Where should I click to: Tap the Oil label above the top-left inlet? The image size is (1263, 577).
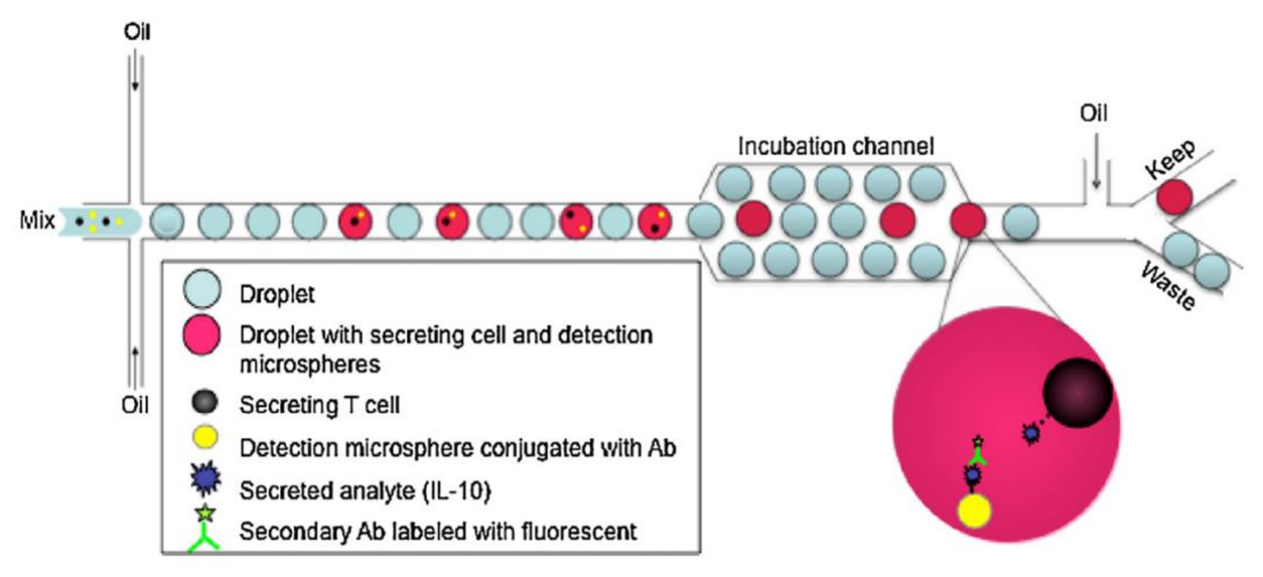point(137,32)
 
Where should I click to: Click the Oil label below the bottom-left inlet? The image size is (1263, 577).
point(135,406)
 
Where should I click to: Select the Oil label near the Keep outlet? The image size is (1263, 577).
point(1093,113)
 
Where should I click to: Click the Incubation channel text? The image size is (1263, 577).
point(836,146)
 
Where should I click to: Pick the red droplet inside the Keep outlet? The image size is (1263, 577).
point(1174,197)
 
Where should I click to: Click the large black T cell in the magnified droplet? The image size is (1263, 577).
point(1077,392)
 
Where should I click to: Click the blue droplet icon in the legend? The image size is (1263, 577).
point(202,289)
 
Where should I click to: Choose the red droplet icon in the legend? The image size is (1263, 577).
point(202,334)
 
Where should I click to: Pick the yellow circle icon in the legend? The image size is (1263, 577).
point(206,437)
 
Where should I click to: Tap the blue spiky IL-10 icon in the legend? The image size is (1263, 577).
point(206,478)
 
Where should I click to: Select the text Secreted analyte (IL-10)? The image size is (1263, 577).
point(365,490)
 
